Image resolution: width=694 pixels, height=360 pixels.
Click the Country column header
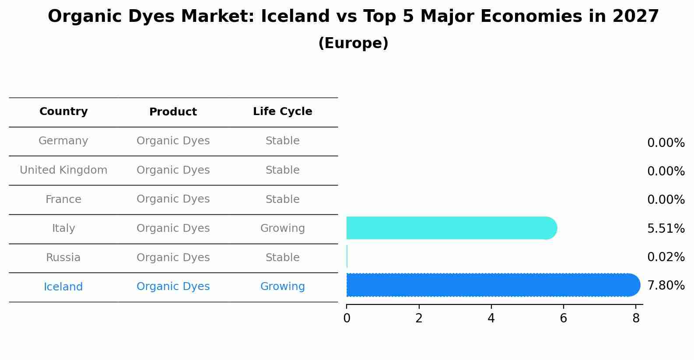tap(63, 112)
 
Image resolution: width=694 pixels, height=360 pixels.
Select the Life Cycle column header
tap(282, 112)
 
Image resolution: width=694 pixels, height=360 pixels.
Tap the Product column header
tap(173, 112)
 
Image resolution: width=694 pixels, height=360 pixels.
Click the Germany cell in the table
tap(63, 141)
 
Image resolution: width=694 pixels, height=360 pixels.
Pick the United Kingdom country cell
tap(63, 170)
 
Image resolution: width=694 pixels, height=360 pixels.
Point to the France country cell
tap(63, 199)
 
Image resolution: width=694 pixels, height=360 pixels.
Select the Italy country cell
tap(63, 228)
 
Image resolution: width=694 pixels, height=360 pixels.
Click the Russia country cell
tap(63, 258)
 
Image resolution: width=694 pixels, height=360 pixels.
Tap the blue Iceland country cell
tap(63, 287)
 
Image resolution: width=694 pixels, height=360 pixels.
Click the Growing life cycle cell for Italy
tap(282, 228)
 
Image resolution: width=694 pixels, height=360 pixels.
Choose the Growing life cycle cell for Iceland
tap(282, 287)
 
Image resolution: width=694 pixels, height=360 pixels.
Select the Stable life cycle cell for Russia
tap(282, 258)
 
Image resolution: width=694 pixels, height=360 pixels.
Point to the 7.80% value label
tap(666, 286)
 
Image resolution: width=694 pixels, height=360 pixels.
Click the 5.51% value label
tap(666, 228)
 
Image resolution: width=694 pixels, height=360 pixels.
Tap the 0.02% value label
tap(666, 257)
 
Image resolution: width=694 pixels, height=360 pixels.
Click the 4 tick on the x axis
tap(491, 318)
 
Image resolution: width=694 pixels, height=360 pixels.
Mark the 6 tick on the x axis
tap(563, 318)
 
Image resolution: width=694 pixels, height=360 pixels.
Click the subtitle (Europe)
tap(353, 43)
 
